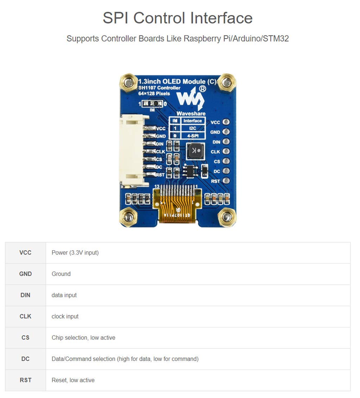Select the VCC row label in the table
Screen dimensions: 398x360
pyautogui.click(x=25, y=252)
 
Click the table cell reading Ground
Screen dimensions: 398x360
pyautogui.click(x=61, y=274)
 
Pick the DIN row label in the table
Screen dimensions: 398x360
pyautogui.click(x=25, y=295)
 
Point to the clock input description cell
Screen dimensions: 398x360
pyautogui.click(x=65, y=316)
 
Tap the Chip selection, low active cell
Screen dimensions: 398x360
pyautogui.click(x=83, y=338)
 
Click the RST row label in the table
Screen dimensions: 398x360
pyautogui.click(x=25, y=380)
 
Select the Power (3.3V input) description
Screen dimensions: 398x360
pyautogui.click(x=75, y=252)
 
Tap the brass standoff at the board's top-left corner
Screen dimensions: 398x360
pyautogui.click(x=129, y=83)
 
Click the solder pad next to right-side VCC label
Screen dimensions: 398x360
pyautogui.click(x=226, y=122)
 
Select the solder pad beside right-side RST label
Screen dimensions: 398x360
pyautogui.click(x=226, y=181)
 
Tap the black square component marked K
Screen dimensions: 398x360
pyautogui.click(x=194, y=151)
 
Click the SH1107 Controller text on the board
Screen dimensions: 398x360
pyautogui.click(x=159, y=88)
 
